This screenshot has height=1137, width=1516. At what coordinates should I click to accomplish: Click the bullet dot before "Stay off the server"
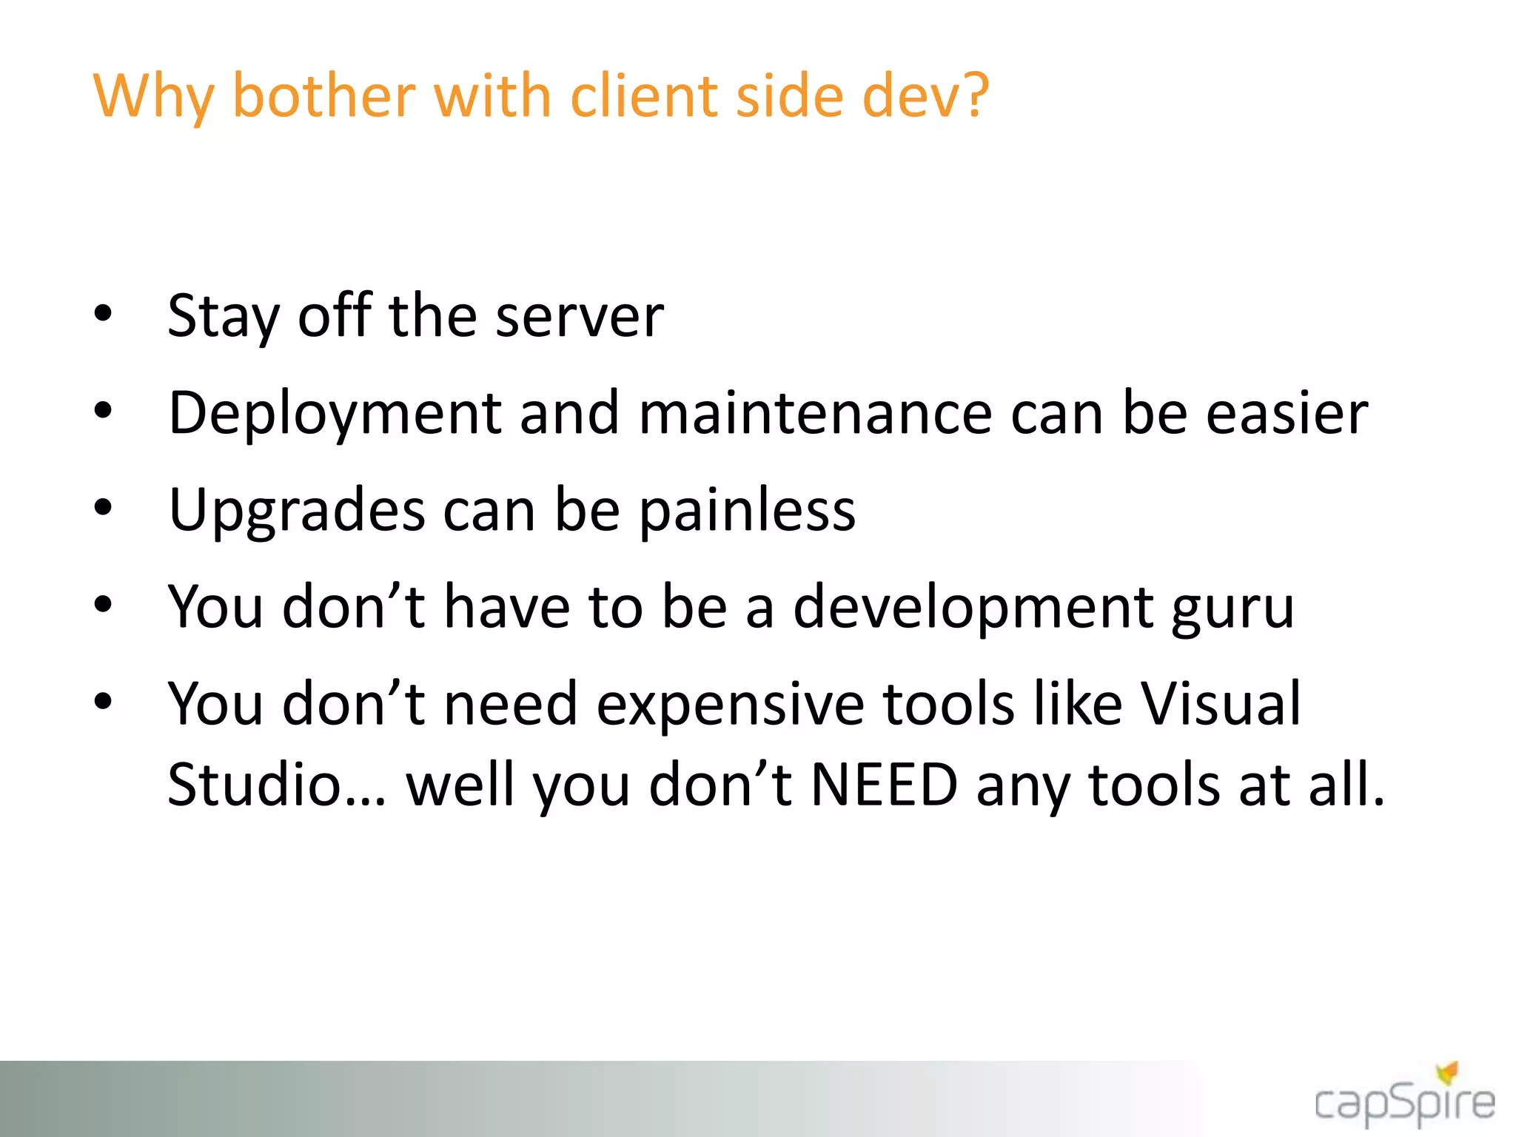pyautogui.click(x=103, y=313)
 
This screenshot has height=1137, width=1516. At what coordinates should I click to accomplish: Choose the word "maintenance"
pyautogui.click(x=815, y=413)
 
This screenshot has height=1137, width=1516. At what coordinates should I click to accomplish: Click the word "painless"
pyautogui.click(x=747, y=511)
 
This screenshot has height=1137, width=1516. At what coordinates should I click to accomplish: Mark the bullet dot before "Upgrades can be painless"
pyautogui.click(x=103, y=508)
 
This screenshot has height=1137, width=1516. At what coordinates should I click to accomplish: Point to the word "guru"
pyautogui.click(x=1232, y=609)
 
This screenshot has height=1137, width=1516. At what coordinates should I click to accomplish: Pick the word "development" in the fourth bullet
pyautogui.click(x=973, y=609)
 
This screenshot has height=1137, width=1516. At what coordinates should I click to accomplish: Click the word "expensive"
pyautogui.click(x=730, y=705)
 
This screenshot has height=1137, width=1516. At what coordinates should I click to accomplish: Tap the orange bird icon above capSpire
pyautogui.click(x=1448, y=1071)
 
